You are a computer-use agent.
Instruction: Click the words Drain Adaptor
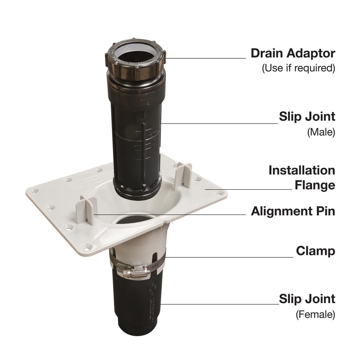pyautogui.click(x=293, y=54)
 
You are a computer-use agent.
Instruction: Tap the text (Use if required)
pyautogui.click(x=298, y=68)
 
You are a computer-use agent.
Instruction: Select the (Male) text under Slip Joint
pyautogui.click(x=321, y=132)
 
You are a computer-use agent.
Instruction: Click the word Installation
pyautogui.click(x=302, y=170)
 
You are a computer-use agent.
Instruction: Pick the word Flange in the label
pyautogui.click(x=315, y=185)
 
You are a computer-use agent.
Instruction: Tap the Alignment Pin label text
pyautogui.click(x=293, y=211)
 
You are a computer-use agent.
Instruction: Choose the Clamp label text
pyautogui.click(x=315, y=251)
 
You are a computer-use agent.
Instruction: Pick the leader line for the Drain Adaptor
pyautogui.click(x=205, y=58)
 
